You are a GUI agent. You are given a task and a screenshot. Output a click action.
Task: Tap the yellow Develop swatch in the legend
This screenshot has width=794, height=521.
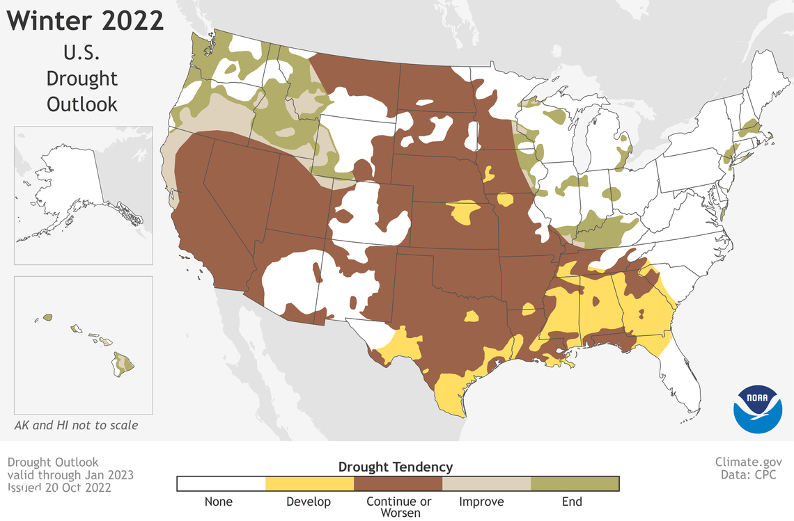pyautogui.click(x=309, y=483)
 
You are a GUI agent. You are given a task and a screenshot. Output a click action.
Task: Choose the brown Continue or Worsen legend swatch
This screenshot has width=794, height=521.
pyautogui.click(x=398, y=483)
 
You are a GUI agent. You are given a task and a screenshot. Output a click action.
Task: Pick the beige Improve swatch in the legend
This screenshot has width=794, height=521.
pyautogui.click(x=486, y=483)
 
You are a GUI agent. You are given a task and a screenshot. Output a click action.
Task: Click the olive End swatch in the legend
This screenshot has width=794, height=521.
pyautogui.click(x=575, y=483)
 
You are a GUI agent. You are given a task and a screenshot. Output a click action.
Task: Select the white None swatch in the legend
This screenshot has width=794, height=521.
pyautogui.click(x=221, y=483)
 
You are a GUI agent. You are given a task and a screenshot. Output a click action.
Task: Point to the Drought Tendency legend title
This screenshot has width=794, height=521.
pyautogui.click(x=395, y=467)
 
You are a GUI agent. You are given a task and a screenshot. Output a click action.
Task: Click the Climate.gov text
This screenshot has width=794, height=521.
pyautogui.click(x=749, y=462)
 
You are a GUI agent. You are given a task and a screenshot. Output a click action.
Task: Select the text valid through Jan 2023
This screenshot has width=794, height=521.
pyautogui.click(x=70, y=475)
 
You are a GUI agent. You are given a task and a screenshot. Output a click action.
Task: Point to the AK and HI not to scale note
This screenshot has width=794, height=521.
pyautogui.click(x=76, y=425)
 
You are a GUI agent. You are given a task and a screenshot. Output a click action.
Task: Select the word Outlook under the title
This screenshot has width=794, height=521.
pyautogui.click(x=82, y=104)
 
